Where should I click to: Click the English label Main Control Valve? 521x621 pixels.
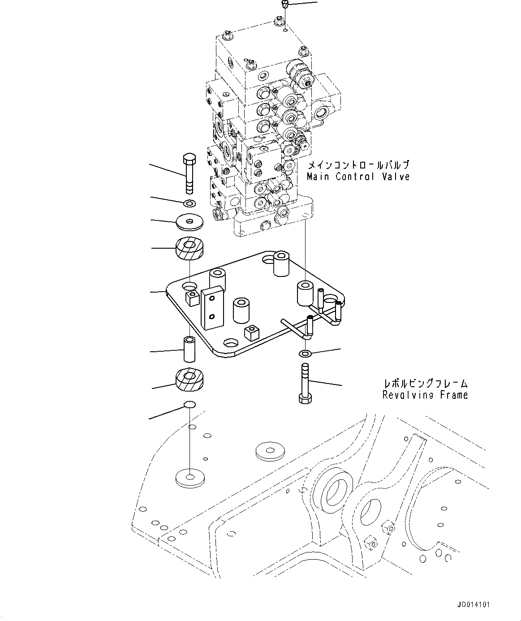(358, 177)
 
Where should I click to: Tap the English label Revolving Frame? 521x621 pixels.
(425, 395)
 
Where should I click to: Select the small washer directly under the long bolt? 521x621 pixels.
(189, 203)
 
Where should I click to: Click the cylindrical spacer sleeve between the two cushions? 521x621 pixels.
(189, 350)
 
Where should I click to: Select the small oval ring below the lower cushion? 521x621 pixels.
(189, 405)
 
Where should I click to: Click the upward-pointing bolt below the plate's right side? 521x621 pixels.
(304, 384)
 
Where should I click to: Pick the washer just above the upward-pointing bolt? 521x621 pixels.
(305, 354)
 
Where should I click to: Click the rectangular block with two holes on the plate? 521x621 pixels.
(212, 306)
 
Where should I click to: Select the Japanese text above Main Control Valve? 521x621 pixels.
(358, 165)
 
